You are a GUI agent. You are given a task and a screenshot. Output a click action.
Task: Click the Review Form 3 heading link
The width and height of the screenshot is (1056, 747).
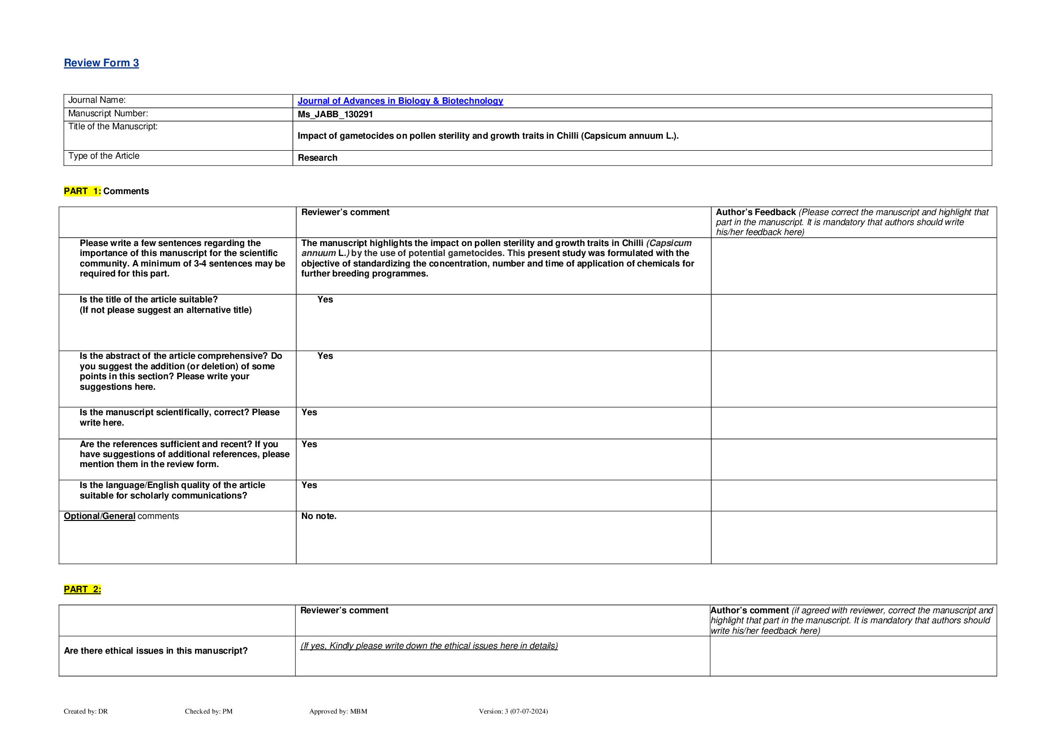[x=101, y=63]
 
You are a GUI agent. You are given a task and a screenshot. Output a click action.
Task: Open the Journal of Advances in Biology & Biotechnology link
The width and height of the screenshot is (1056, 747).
[x=400, y=101]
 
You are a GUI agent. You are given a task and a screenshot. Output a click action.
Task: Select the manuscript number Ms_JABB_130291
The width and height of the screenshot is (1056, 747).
[x=335, y=114]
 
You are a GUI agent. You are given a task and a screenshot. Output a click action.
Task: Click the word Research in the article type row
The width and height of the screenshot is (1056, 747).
[x=317, y=158]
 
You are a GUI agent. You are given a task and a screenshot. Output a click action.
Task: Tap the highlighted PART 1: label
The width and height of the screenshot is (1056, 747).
[x=82, y=191]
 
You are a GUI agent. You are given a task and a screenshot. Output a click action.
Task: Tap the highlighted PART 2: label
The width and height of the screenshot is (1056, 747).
[x=82, y=589]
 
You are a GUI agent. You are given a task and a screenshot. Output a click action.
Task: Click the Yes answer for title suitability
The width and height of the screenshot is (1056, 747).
[x=325, y=299]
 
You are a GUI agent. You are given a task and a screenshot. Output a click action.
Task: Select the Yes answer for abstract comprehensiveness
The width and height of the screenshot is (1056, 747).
[x=325, y=356]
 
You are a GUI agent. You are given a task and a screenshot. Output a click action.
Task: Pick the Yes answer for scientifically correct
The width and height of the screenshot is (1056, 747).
[x=309, y=412]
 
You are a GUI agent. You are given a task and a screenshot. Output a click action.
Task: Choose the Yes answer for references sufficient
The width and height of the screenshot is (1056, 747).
[x=309, y=444]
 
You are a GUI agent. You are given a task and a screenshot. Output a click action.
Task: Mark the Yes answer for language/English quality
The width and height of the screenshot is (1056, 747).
[x=309, y=485]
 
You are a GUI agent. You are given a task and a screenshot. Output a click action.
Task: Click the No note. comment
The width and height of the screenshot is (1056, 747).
[x=319, y=516]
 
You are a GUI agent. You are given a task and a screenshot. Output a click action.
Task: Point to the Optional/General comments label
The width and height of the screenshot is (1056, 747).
[x=121, y=516]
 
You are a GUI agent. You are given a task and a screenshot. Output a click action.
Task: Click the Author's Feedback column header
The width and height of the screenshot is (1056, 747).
[x=756, y=212]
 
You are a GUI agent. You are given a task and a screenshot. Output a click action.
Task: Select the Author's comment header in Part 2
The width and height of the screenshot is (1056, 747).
[x=750, y=610]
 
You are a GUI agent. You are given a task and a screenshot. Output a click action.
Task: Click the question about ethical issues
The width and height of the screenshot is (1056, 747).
[x=156, y=651]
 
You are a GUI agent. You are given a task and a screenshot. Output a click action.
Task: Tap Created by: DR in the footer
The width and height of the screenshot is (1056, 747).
[x=86, y=711]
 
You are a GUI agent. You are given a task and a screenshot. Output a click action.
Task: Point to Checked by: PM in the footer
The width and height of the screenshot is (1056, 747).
[x=209, y=711]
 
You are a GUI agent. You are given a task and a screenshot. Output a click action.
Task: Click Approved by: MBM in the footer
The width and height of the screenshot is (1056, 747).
[x=338, y=711]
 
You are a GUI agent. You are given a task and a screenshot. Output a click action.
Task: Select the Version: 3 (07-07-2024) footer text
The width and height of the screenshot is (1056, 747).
[x=513, y=711]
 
